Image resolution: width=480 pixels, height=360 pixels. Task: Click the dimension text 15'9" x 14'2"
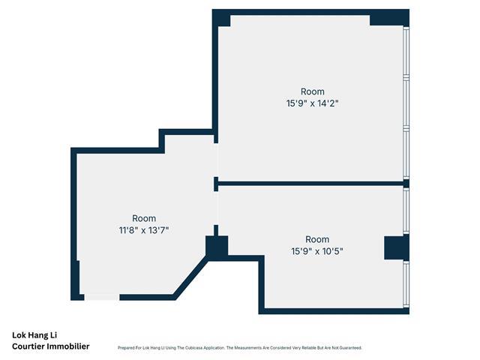click(312, 103)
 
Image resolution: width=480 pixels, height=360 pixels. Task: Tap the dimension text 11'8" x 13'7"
click(144, 230)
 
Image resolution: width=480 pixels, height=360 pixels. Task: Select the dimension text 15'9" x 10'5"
click(317, 251)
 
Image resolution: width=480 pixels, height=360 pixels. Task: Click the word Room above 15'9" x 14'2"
click(313, 91)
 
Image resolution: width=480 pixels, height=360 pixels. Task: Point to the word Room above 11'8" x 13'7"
click(144, 218)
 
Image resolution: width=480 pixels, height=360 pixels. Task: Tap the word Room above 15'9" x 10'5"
click(317, 239)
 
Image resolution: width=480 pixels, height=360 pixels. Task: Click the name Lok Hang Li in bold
click(34, 335)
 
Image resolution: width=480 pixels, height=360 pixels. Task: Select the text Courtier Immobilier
click(51, 346)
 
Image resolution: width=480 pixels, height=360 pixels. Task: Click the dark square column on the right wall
click(397, 248)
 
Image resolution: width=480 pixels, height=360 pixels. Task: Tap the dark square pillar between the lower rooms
click(217, 246)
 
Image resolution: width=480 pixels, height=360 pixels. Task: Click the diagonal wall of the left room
click(191, 278)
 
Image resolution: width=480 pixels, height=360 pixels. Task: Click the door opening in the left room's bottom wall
click(102, 297)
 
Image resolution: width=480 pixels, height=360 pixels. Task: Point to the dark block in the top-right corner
click(390, 18)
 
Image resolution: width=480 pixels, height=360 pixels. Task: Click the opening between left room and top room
click(216, 160)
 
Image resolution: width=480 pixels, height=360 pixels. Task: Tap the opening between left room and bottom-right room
click(216, 208)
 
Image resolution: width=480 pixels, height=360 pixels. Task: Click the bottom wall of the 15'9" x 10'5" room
click(334, 311)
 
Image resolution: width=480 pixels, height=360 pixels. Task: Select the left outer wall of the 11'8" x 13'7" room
click(73, 223)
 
